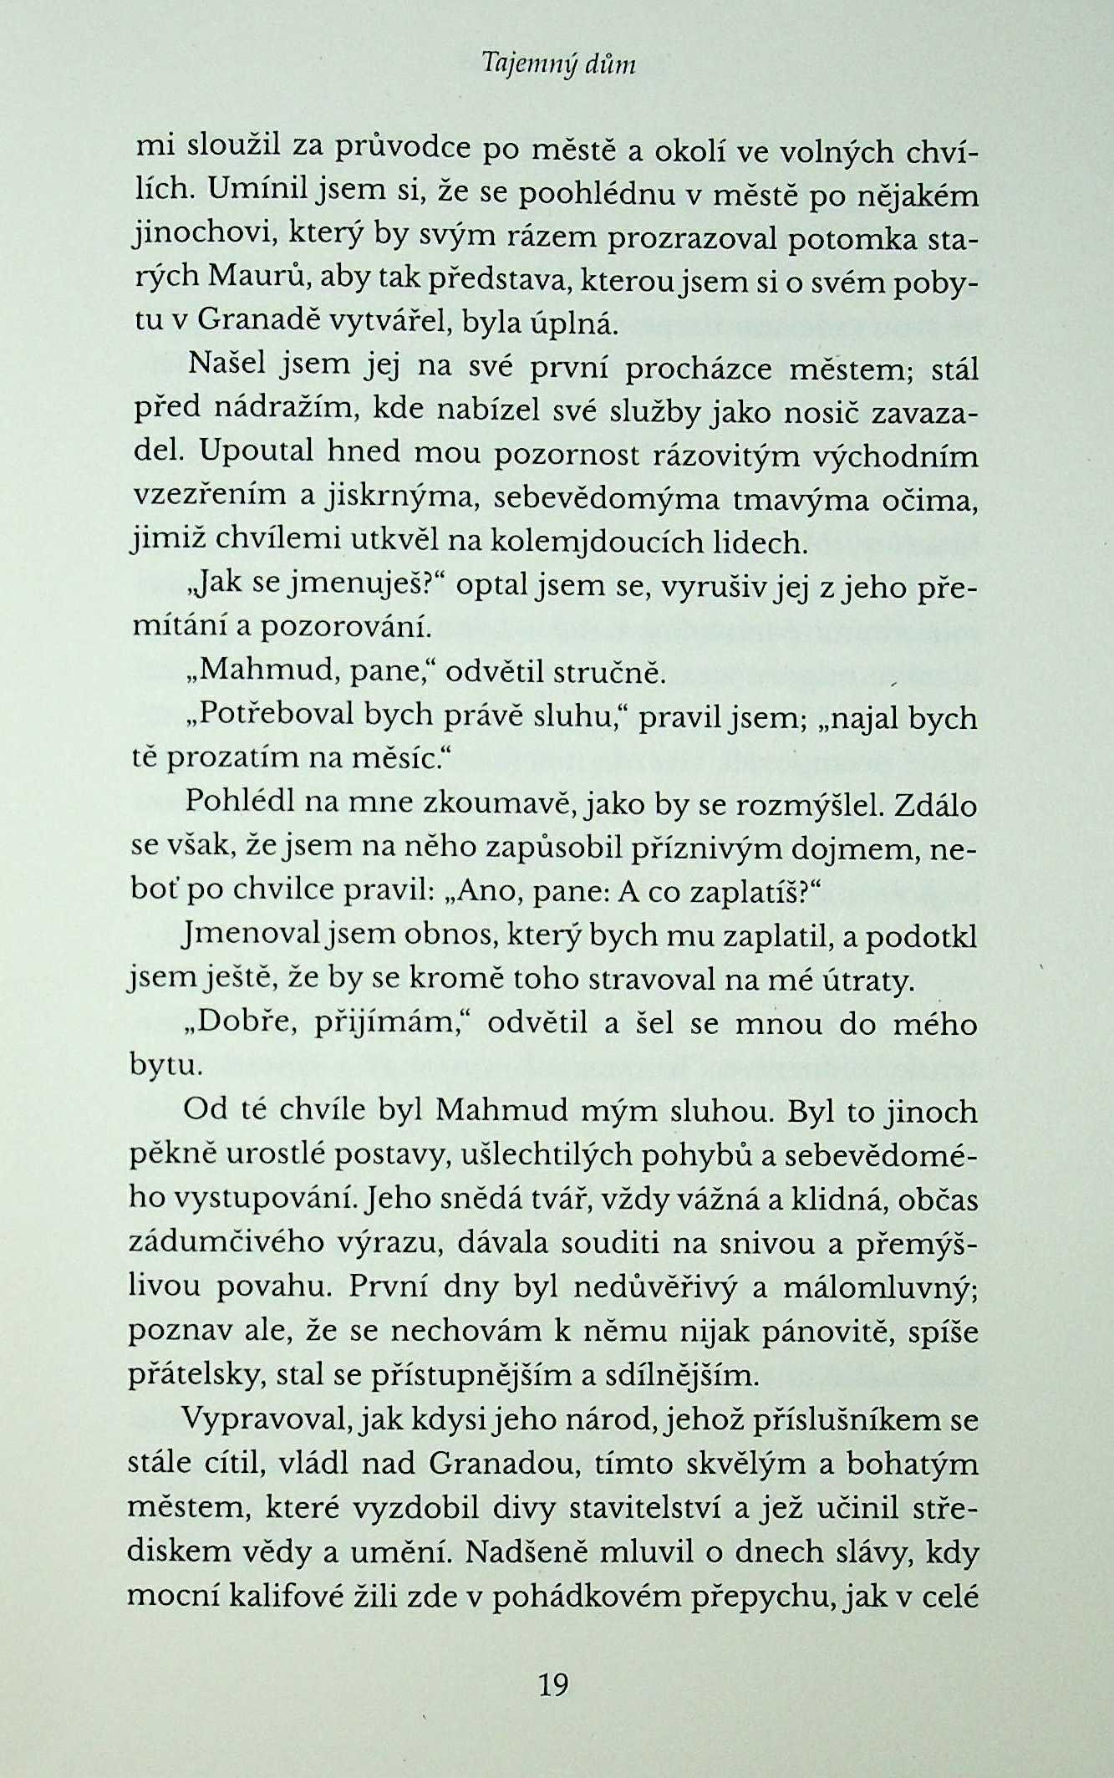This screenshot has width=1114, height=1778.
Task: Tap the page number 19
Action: (554, 1707)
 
